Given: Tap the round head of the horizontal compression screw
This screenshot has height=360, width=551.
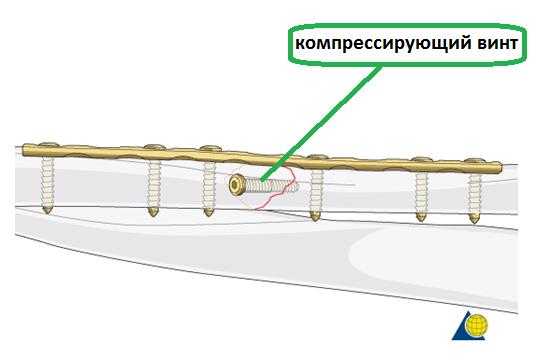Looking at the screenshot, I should point(238,185).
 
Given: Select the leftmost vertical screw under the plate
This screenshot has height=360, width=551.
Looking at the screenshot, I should point(46,181).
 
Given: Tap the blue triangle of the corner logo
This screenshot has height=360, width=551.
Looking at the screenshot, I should point(462,328).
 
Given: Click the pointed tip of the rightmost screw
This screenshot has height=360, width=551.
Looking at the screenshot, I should point(475,219).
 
